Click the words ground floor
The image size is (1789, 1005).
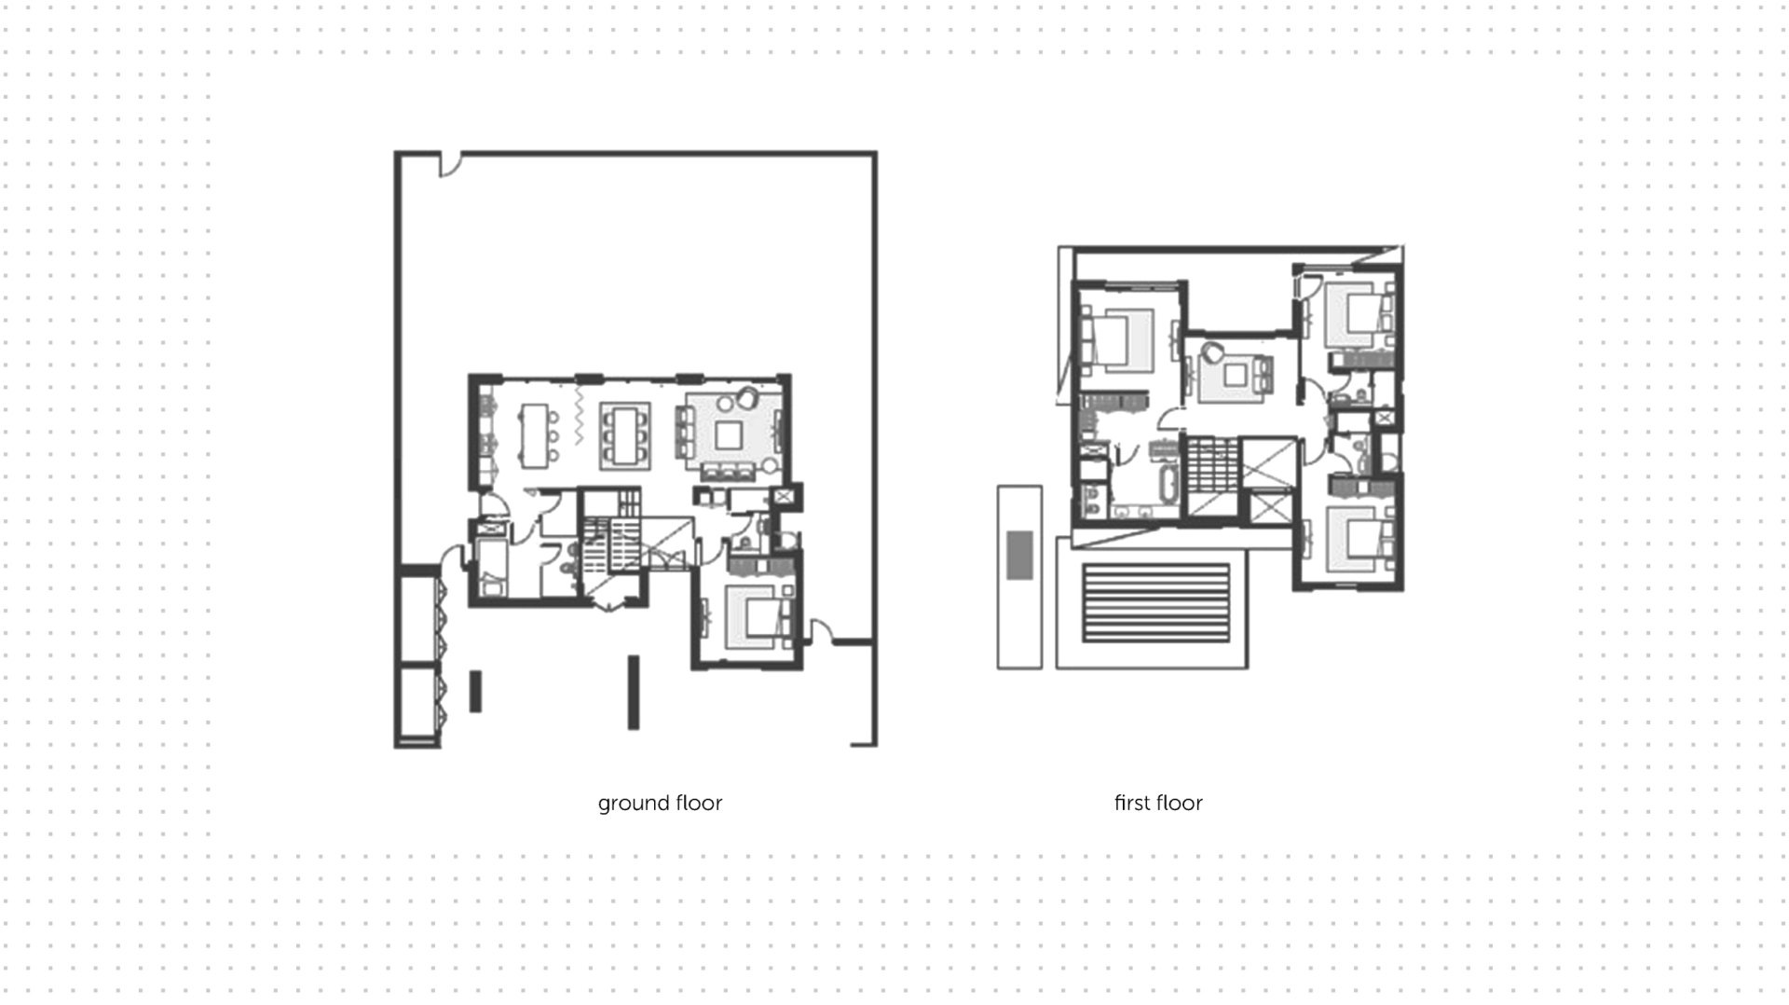point(660,804)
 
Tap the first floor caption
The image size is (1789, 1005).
point(1158,803)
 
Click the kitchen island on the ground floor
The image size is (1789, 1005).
point(534,435)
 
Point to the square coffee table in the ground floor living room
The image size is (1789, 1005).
point(729,435)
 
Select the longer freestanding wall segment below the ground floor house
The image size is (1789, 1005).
point(634,693)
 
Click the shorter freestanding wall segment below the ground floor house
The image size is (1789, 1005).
point(475,692)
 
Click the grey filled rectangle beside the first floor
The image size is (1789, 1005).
point(1019,555)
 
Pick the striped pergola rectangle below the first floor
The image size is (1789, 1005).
point(1156,602)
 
